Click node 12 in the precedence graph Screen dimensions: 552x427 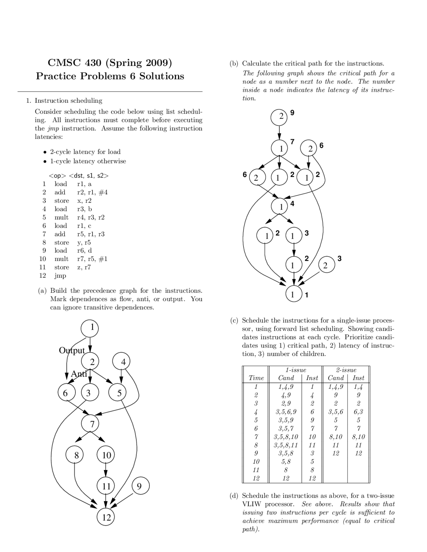(x=106, y=517)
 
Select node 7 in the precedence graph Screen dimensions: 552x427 (x=92, y=424)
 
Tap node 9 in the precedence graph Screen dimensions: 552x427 (x=140, y=487)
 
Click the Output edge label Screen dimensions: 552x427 (x=72, y=350)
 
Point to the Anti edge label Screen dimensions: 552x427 (x=79, y=374)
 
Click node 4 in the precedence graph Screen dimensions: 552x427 (x=123, y=362)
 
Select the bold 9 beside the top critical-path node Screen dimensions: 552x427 (x=293, y=113)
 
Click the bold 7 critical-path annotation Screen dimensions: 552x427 (x=293, y=141)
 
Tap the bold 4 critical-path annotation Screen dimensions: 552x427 (x=293, y=203)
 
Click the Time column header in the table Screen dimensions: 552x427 (x=256, y=378)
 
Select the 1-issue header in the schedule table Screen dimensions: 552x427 (x=296, y=370)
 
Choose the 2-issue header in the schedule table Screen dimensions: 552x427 (x=346, y=370)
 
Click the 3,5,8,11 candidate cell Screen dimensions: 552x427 (x=286, y=445)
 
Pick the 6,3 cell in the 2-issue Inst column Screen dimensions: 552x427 (x=359, y=411)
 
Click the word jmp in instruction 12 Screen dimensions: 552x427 (x=60, y=276)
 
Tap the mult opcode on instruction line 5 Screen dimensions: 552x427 (x=61, y=217)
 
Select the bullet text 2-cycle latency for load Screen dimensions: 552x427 (x=85, y=152)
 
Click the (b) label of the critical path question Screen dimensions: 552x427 (x=234, y=63)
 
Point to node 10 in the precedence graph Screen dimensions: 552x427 (x=106, y=455)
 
